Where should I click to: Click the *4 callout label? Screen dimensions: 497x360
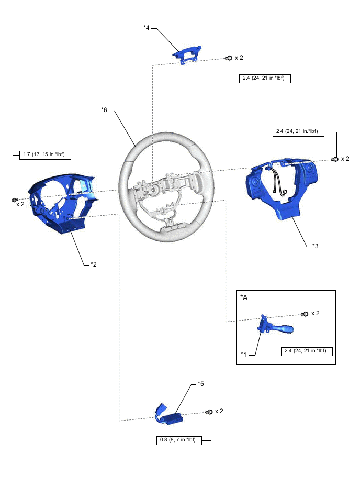pyautogui.click(x=147, y=27)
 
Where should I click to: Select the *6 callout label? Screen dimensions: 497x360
pyautogui.click(x=104, y=109)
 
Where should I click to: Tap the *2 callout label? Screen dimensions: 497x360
pyautogui.click(x=93, y=264)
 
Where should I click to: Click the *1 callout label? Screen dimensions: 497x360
pyautogui.click(x=244, y=355)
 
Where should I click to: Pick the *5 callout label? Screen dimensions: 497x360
pyautogui.click(x=201, y=384)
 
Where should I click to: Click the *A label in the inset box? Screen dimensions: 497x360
pyautogui.click(x=244, y=297)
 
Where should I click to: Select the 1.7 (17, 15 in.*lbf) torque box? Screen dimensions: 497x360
pyautogui.click(x=44, y=154)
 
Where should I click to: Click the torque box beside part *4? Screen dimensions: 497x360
pyautogui.click(x=265, y=79)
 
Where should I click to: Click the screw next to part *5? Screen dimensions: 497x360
pyautogui.click(x=209, y=412)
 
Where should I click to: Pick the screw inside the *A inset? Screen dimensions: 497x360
pyautogui.click(x=304, y=314)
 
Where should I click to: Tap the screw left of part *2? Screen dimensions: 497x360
pyautogui.click(x=14, y=200)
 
